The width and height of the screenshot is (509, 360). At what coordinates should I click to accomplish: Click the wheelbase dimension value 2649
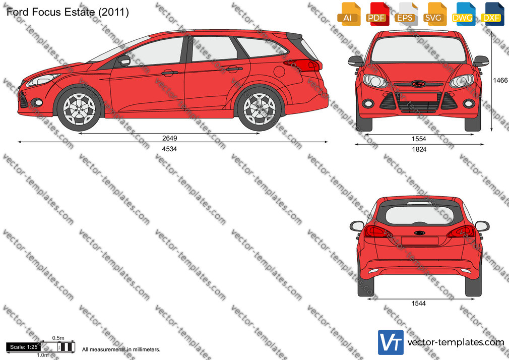pyautogui.click(x=169, y=138)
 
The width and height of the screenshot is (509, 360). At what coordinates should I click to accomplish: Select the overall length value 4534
pyautogui.click(x=169, y=149)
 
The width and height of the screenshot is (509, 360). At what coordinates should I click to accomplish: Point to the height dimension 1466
pyautogui.click(x=500, y=80)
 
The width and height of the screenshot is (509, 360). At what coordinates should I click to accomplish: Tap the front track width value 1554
pyautogui.click(x=419, y=139)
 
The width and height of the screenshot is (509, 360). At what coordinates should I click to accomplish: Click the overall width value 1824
pyautogui.click(x=419, y=149)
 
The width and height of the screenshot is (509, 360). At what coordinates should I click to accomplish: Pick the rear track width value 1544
pyautogui.click(x=418, y=304)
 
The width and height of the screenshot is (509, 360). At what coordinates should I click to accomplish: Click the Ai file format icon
pyautogui.click(x=349, y=14)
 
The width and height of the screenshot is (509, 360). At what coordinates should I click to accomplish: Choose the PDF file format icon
pyautogui.click(x=377, y=14)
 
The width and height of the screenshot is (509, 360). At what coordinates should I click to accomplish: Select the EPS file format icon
pyautogui.click(x=406, y=14)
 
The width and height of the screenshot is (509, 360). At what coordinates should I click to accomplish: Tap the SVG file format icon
pyautogui.click(x=434, y=14)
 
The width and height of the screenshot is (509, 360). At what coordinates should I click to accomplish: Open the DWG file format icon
pyautogui.click(x=463, y=14)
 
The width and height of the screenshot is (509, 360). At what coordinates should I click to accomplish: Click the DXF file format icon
pyautogui.click(x=492, y=14)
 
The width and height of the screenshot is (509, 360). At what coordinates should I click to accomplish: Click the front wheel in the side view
pyautogui.click(x=79, y=109)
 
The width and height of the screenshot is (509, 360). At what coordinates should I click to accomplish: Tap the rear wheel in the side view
pyautogui.click(x=260, y=109)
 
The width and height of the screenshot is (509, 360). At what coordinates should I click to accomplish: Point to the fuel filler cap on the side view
pyautogui.click(x=279, y=71)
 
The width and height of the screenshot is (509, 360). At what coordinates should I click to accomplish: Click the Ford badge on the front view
pyautogui.click(x=418, y=84)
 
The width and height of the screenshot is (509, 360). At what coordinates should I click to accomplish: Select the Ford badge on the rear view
pyautogui.click(x=419, y=232)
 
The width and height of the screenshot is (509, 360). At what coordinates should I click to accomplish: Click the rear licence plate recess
pyautogui.click(x=419, y=241)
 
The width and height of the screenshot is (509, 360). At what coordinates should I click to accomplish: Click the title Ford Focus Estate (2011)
pyautogui.click(x=68, y=12)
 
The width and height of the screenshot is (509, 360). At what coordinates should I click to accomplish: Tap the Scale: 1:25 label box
pyautogui.click(x=24, y=347)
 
